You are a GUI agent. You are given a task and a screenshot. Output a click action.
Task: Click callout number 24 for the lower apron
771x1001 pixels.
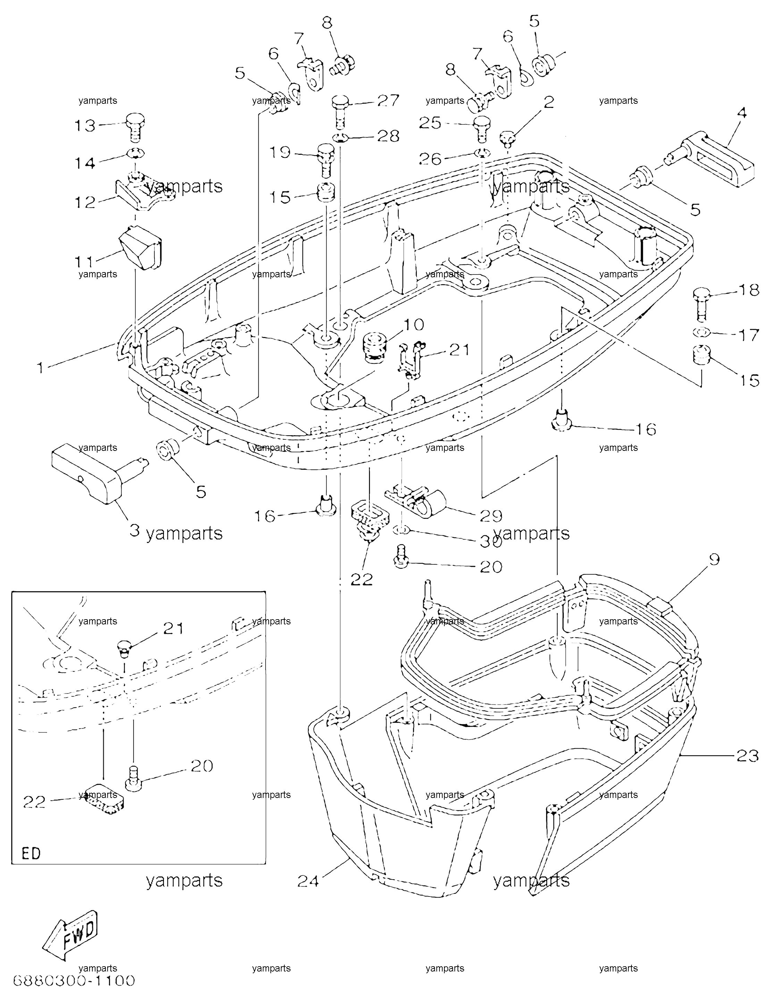point(308,881)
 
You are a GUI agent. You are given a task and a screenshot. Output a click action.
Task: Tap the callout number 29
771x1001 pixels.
point(491,516)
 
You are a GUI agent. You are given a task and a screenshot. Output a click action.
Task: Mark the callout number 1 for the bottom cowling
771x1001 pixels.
point(41,367)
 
